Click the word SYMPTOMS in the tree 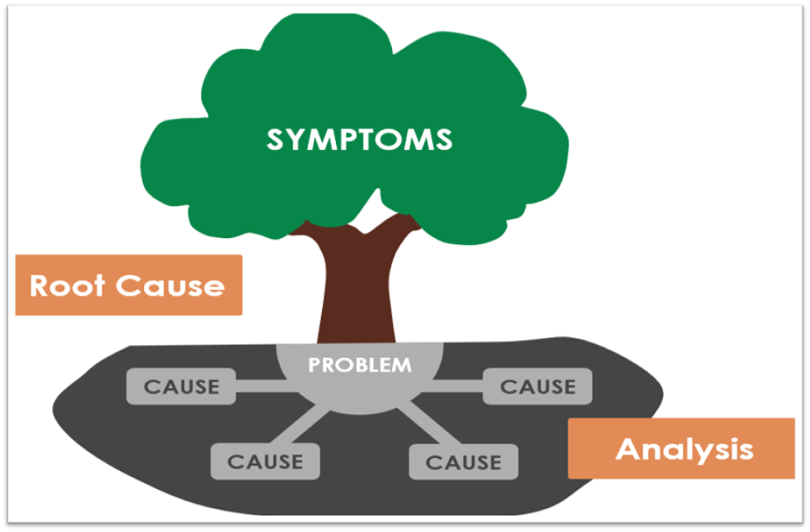[360, 140]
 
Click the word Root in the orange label [65, 285]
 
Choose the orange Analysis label [682, 448]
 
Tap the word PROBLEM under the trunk [360, 365]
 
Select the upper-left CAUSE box [182, 386]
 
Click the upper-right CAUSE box [538, 385]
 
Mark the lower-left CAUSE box [265, 462]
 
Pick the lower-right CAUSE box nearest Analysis [463, 462]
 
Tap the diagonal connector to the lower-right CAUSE [422, 426]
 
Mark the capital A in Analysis [627, 448]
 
